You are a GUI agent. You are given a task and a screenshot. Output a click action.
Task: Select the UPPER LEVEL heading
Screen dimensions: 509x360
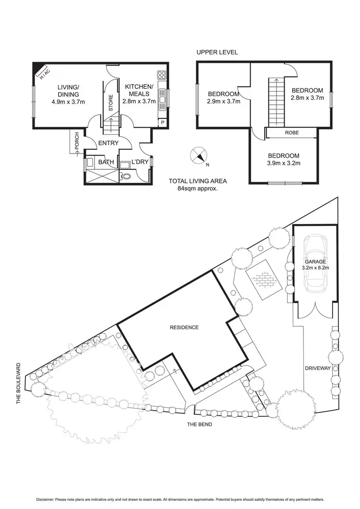217,52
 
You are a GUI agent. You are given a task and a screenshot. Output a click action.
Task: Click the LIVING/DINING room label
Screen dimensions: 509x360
68,90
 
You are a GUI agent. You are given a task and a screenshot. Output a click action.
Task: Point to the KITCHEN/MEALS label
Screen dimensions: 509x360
139,90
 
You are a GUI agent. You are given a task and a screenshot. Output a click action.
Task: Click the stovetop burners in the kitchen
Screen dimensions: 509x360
162,75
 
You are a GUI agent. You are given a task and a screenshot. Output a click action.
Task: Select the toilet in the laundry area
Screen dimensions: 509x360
126,176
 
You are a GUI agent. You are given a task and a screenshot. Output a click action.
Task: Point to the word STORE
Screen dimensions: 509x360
110,104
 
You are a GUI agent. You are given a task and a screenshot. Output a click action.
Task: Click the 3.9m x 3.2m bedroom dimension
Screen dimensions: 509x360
283,164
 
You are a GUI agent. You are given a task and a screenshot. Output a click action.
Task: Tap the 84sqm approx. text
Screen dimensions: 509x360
198,189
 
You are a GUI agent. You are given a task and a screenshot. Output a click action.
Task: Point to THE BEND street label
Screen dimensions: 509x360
200,425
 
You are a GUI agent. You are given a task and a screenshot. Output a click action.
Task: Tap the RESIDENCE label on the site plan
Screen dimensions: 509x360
184,328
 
